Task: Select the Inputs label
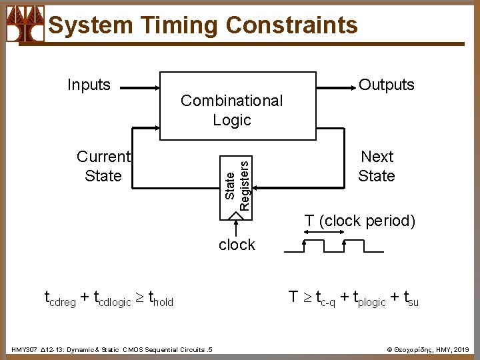pos(89,85)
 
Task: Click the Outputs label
pos(387,85)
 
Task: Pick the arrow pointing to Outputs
pos(333,87)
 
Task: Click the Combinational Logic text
pos(231,110)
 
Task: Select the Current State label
pos(103,166)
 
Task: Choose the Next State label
pos(377,166)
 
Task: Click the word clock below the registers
pos(237,245)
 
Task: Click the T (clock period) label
pos(360,221)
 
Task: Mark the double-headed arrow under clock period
pos(322,233)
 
